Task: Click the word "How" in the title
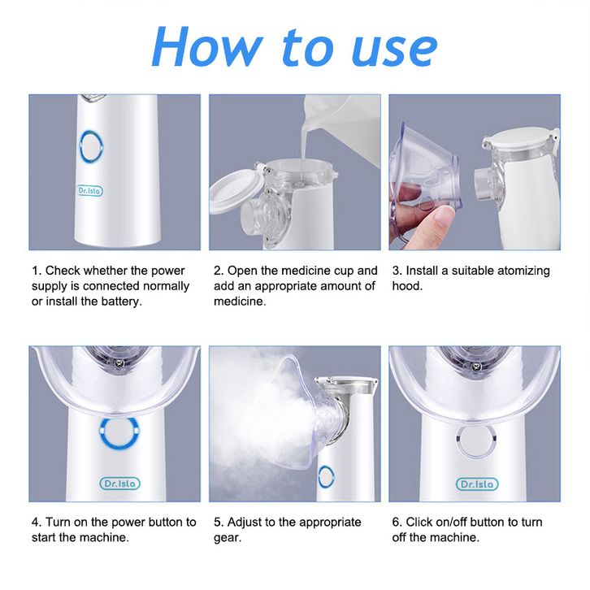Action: [207, 46]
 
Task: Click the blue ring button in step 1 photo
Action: [91, 147]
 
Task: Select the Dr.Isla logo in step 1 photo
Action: [90, 191]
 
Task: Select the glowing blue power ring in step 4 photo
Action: [119, 432]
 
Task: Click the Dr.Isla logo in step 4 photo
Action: [119, 484]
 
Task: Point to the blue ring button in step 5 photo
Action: [326, 477]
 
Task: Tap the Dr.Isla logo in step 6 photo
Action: [477, 484]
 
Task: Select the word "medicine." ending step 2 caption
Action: [240, 302]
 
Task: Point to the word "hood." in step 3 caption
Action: [407, 286]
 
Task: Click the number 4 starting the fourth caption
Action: [36, 523]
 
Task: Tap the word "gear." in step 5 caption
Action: [228, 538]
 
